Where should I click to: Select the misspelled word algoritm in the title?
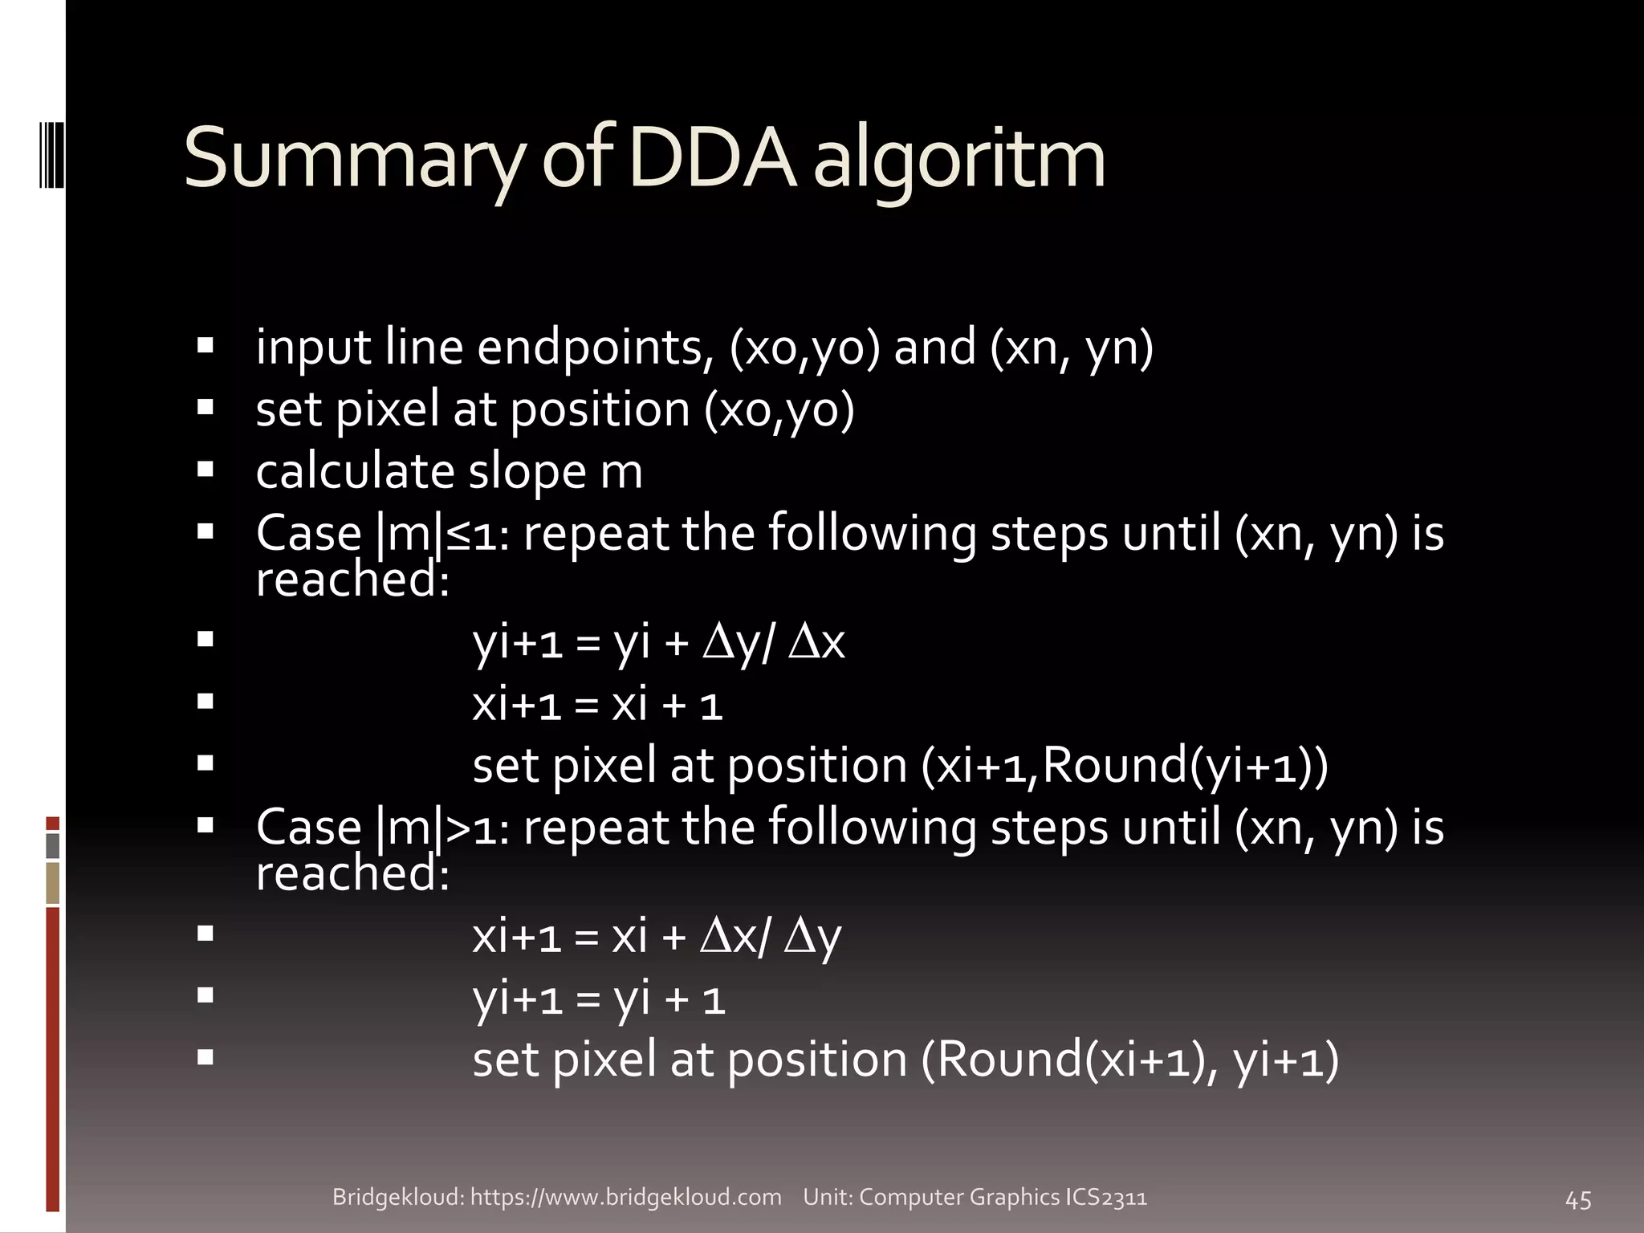959,161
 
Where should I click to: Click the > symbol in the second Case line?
459,828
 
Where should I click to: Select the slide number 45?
1578,1200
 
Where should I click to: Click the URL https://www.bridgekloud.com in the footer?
625,1197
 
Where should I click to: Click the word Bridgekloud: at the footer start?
398,1197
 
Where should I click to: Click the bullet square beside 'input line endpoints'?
205,346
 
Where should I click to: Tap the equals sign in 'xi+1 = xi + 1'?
587,706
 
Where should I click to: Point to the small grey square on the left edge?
53,845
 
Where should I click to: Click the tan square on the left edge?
53,882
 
